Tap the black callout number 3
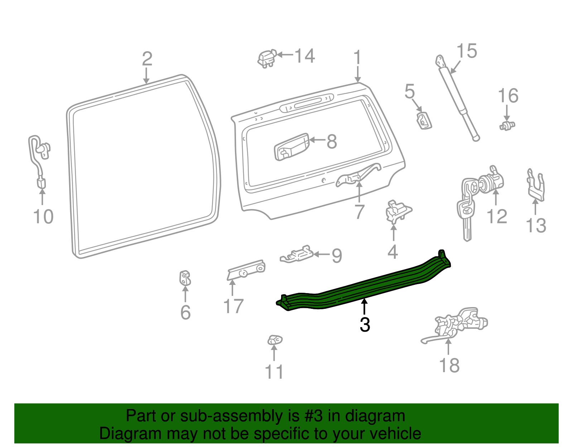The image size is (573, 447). click(365, 325)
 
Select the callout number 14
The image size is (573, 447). click(304, 56)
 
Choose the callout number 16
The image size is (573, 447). click(508, 96)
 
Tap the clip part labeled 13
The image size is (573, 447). click(536, 186)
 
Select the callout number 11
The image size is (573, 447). click(274, 372)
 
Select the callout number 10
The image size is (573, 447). click(43, 217)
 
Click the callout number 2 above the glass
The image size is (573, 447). click(147, 59)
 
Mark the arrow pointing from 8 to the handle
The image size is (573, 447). click(317, 140)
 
